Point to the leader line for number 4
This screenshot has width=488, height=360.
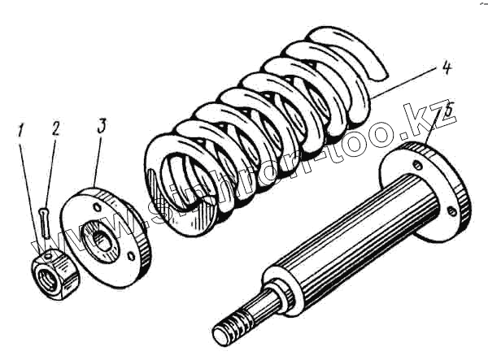[x=407, y=85]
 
